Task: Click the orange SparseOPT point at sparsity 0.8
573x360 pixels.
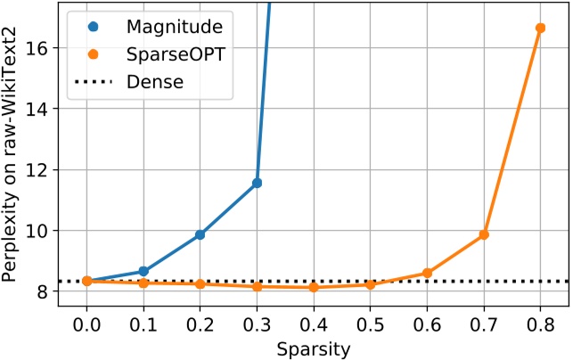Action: (540, 29)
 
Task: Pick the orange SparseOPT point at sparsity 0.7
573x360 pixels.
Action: (484, 234)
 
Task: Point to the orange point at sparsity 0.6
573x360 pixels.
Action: (427, 273)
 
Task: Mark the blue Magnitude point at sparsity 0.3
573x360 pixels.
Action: (257, 183)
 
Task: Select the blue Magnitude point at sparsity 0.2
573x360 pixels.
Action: (200, 234)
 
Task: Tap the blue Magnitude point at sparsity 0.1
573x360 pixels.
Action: (143, 271)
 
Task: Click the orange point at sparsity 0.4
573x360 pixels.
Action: (314, 287)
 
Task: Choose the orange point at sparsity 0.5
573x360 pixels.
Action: (370, 284)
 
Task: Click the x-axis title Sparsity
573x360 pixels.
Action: (314, 347)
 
